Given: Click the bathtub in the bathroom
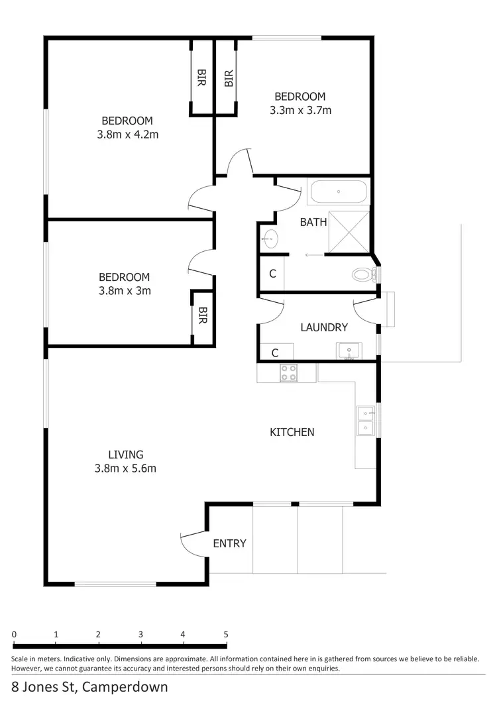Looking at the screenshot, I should click(338, 192).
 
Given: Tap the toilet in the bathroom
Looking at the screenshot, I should click(363, 274).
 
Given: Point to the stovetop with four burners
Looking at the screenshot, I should click(288, 373).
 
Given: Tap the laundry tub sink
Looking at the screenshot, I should click(349, 351).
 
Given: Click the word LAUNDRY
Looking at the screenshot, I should click(323, 327).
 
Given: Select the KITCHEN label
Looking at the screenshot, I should click(292, 432).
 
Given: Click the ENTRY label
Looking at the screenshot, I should click(229, 543).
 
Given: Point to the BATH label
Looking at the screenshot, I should click(313, 222).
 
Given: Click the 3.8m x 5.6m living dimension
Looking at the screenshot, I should click(126, 468).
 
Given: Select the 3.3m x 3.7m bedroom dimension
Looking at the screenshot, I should click(300, 111).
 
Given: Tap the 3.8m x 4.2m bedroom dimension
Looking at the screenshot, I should click(127, 135).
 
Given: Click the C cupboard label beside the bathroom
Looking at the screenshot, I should click(272, 274).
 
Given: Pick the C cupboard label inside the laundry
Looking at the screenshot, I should click(272, 352).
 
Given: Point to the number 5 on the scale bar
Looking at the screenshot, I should click(226, 634).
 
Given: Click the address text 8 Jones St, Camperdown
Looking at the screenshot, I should click(89, 686).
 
